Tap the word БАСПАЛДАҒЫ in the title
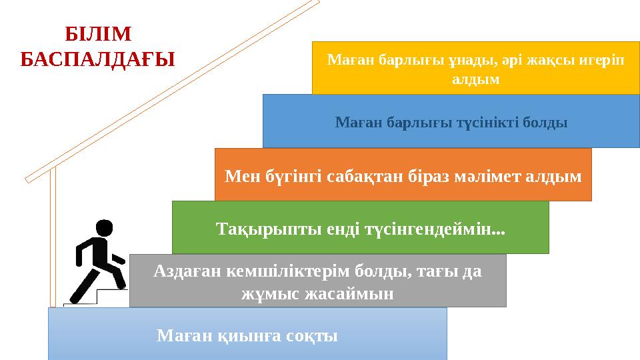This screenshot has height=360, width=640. tap(97, 59)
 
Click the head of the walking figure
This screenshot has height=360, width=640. tap(105, 228)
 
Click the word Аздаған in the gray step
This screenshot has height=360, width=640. tap(187, 271)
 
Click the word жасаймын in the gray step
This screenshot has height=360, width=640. tap(347, 293)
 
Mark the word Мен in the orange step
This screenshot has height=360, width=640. tap(239, 176)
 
